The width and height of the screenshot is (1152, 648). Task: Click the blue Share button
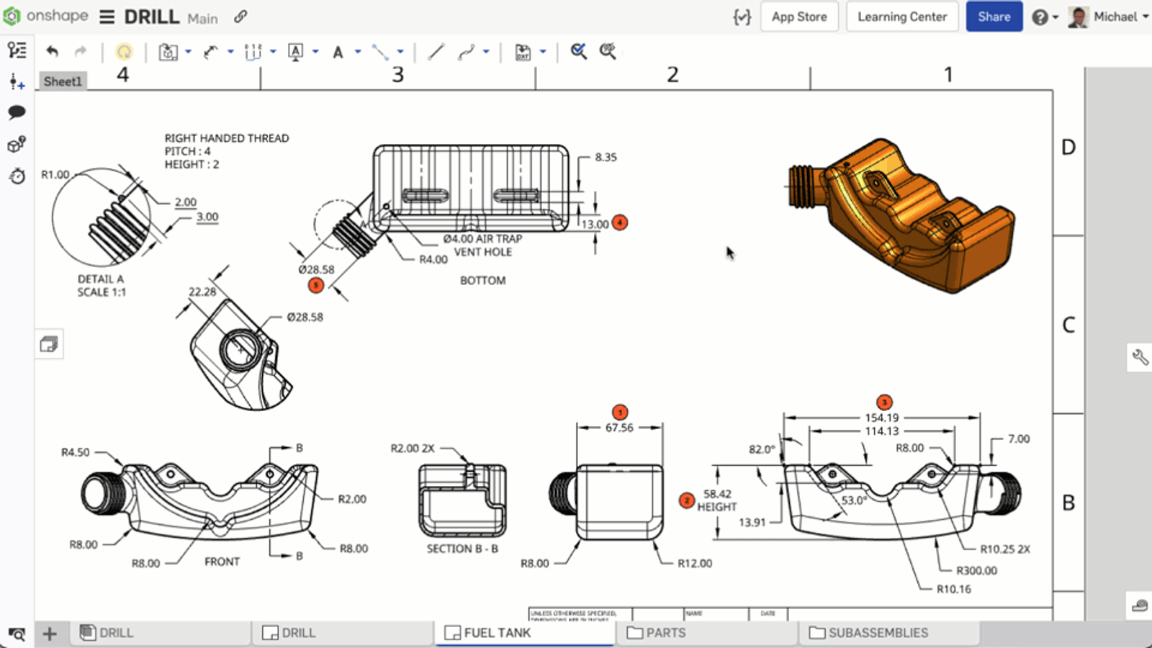[x=994, y=17]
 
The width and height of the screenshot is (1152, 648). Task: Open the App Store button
[x=799, y=17]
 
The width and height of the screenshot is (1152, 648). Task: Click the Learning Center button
[x=902, y=17]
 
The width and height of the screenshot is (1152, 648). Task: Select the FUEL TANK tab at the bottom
[x=497, y=633]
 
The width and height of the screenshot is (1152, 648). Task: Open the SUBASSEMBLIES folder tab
[x=878, y=633]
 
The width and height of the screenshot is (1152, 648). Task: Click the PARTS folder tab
[x=665, y=633]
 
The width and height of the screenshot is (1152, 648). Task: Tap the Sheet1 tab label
[x=63, y=81]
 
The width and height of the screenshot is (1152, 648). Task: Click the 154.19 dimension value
[x=882, y=418]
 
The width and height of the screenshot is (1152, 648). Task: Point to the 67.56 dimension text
[x=619, y=428]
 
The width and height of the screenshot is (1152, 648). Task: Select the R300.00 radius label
[x=976, y=570]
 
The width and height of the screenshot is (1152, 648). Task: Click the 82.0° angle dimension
[x=762, y=449]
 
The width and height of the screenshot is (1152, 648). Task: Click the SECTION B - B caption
[x=462, y=549]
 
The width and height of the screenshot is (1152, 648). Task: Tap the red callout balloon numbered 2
[x=687, y=500]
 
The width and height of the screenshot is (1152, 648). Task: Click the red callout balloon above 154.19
[x=884, y=402]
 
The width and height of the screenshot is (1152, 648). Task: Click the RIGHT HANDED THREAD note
[x=227, y=138]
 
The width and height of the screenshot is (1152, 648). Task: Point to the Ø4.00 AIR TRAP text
[x=482, y=238]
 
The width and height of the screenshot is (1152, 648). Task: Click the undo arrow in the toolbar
[x=52, y=51]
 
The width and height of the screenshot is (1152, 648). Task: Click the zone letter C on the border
[x=1068, y=325]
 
